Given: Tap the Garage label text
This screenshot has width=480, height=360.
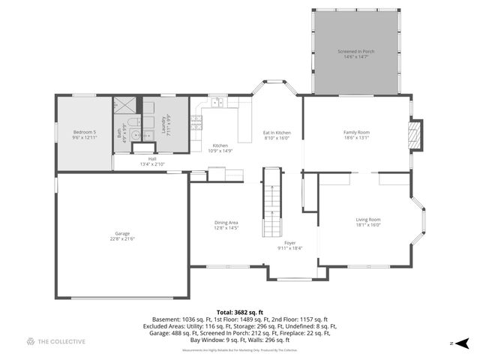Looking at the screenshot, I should pos(122,233).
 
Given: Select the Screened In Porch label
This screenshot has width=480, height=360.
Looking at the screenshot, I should pos(356,51).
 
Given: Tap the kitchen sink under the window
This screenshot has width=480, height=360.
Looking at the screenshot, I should pos(217,103).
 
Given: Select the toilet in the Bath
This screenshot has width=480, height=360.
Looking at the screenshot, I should pos(131,124).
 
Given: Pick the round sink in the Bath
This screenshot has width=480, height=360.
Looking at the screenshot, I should pos(133,136).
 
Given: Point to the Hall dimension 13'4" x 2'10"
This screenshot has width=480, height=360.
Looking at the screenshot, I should pos(152,164).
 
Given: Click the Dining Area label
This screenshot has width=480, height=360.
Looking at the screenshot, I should pos(226,223).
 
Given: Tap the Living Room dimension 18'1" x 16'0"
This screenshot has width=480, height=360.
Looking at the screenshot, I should pos(368,225).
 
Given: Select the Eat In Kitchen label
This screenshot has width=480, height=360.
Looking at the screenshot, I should pos(277,133).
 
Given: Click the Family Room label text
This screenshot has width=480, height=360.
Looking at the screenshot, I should pos(356,132).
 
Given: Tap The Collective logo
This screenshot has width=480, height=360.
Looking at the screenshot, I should pos(56,341).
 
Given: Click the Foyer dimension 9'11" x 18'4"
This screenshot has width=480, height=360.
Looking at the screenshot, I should pos(289,248).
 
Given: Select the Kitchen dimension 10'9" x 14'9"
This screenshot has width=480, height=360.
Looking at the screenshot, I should pos(220,150).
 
